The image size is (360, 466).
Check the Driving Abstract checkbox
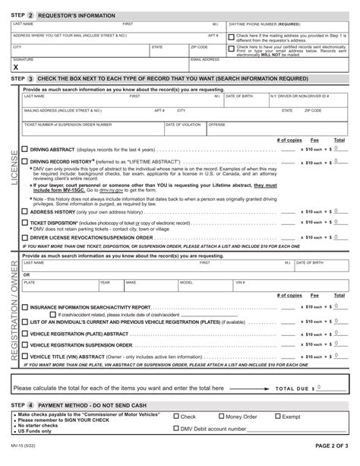[25, 150]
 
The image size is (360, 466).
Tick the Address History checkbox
[25, 211]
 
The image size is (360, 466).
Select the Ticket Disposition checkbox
[25, 223]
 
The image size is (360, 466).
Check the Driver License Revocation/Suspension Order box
[25, 237]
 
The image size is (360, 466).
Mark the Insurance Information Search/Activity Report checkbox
[25, 307]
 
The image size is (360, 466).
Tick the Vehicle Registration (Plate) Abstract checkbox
[25, 333]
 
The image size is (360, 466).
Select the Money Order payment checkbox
[222, 417]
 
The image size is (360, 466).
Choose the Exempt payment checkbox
[277, 417]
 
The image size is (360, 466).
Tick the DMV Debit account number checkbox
[176, 428]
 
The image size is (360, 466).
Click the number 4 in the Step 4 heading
[30, 405]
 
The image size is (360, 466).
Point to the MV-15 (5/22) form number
[24, 457]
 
